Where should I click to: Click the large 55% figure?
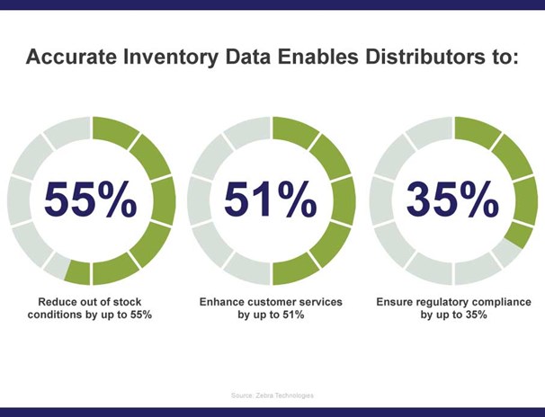coord(91,200)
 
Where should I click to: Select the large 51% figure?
coord(271,200)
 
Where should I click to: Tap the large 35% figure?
coord(452,200)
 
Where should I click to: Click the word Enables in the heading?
coord(317,57)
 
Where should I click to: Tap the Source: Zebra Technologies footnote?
coord(272,395)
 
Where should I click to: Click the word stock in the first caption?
coord(127,302)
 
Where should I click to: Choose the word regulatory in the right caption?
coord(445,303)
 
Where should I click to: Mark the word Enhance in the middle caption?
coord(217,302)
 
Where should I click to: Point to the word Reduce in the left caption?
coord(55,302)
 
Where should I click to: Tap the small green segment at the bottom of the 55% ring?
coord(78,273)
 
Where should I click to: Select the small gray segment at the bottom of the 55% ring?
coord(57,266)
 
